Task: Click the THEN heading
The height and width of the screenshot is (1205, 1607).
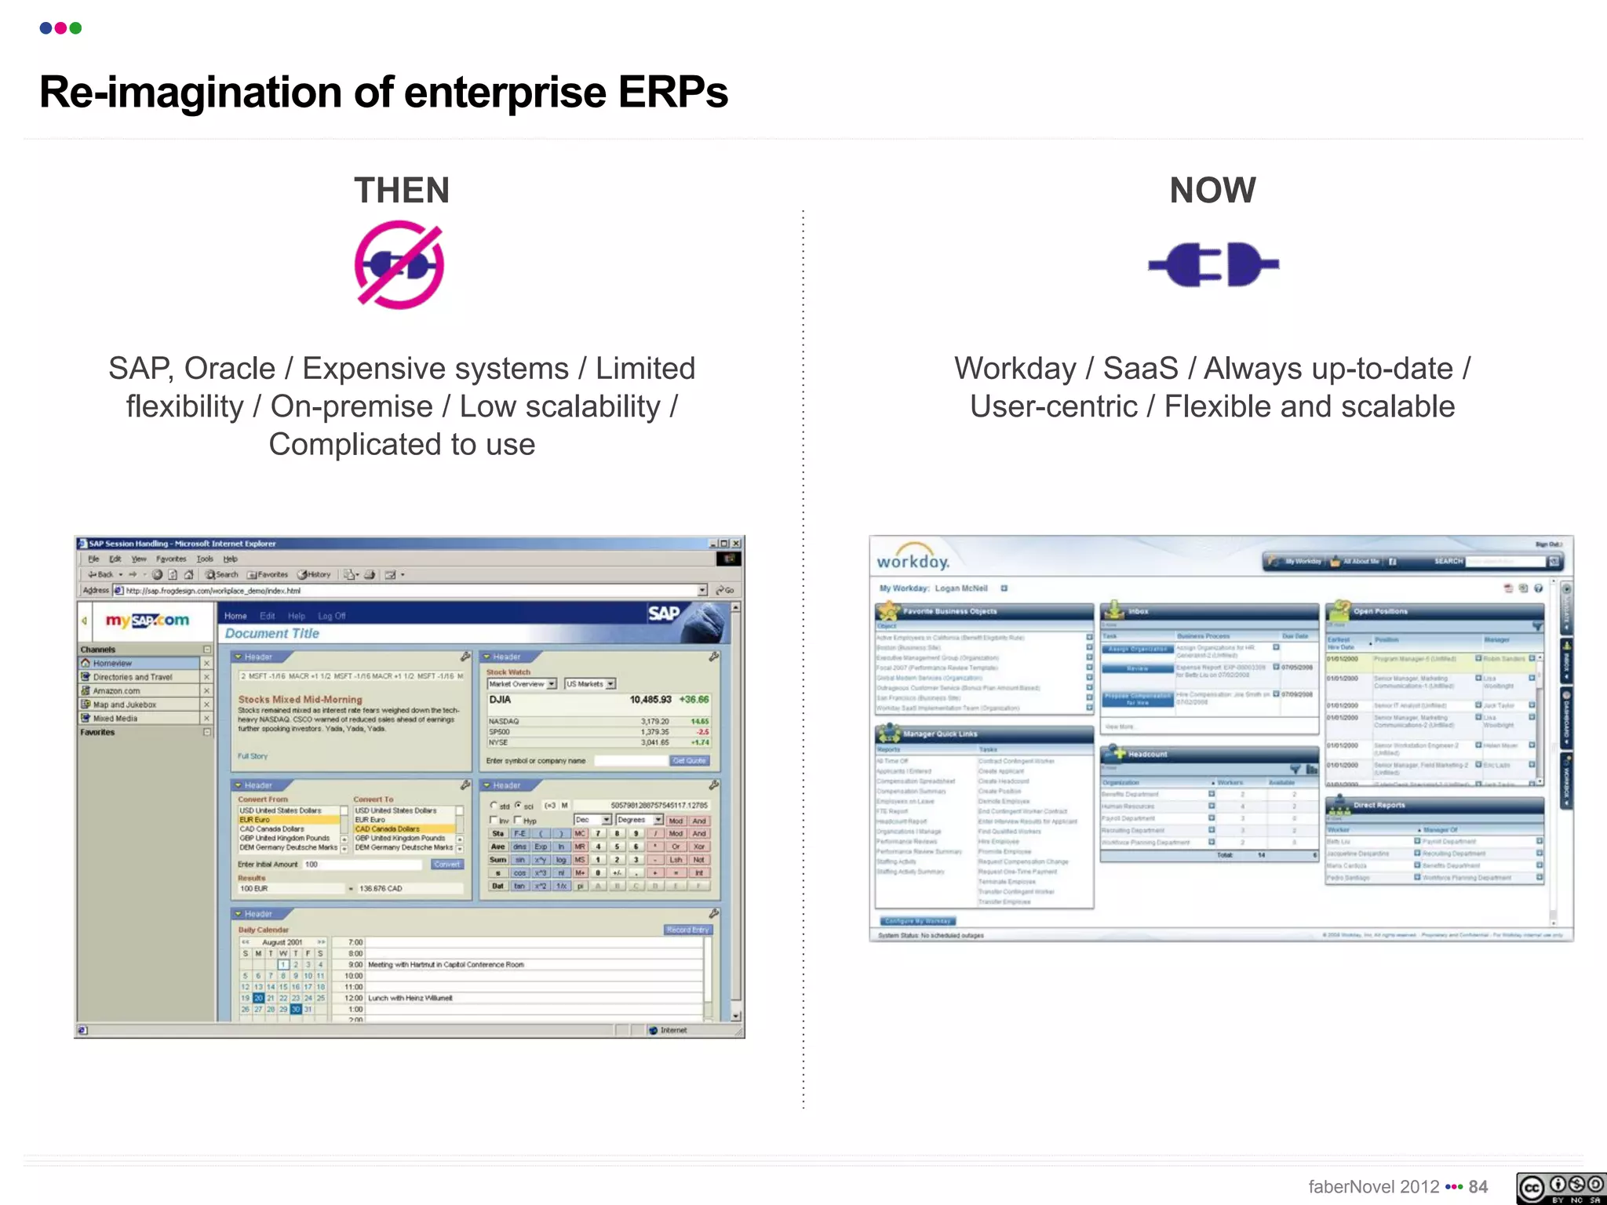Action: tap(402, 191)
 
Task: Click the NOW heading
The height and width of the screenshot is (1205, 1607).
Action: tap(1212, 191)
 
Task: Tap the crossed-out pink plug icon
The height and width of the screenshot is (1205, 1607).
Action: tap(399, 265)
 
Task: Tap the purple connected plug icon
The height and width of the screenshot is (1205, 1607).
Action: tap(1213, 264)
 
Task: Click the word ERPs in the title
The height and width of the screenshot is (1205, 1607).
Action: tap(672, 93)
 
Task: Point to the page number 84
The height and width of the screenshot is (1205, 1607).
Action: tap(1478, 1187)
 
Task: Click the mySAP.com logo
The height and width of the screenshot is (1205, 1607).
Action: tap(148, 621)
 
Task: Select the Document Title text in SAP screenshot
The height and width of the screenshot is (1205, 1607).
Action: tap(272, 634)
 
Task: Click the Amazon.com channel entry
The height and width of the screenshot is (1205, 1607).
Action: tap(116, 691)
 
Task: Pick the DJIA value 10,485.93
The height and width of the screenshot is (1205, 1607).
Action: tap(650, 700)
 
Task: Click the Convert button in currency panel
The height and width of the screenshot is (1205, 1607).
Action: tap(446, 865)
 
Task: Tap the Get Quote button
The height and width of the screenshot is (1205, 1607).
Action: tap(689, 761)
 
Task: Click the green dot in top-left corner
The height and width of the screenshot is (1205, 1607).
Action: tap(76, 28)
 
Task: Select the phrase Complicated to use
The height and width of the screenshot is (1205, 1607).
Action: tap(402, 445)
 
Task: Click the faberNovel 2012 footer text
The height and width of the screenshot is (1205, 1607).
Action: tap(1373, 1187)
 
